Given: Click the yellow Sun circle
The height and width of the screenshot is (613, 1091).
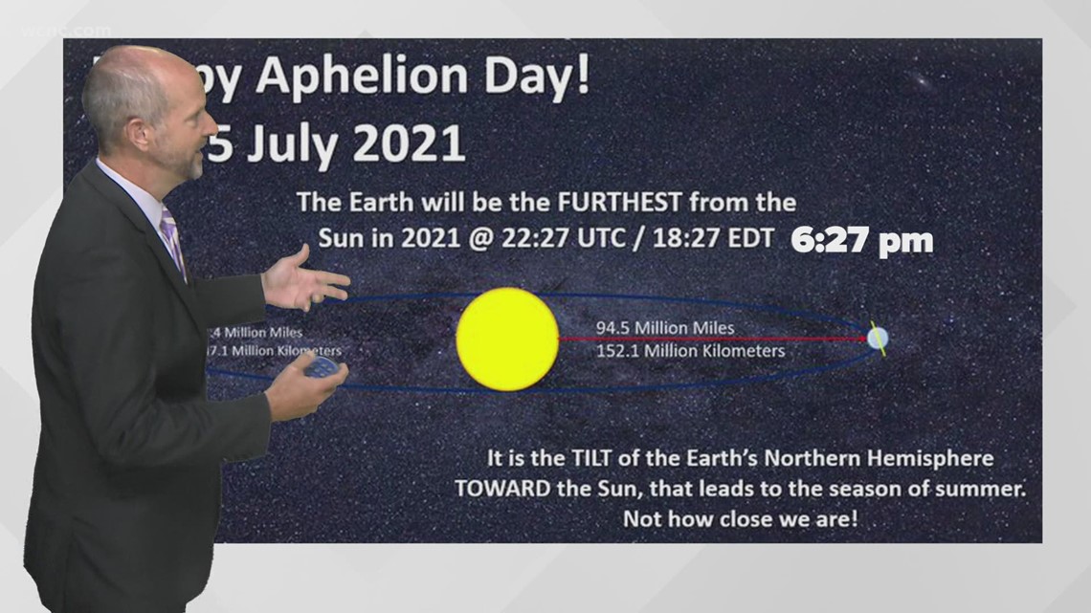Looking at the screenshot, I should [507, 339].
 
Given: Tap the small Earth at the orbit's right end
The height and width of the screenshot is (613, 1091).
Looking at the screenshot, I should [877, 338].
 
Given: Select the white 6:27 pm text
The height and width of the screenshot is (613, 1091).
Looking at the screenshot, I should [861, 241].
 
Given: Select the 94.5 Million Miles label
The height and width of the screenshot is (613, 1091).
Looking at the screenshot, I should [665, 328].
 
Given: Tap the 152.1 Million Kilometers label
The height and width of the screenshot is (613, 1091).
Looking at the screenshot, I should [690, 351].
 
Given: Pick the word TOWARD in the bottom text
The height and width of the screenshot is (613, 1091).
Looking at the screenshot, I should [502, 489].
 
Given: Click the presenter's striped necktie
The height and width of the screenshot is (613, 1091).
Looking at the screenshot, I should [171, 239].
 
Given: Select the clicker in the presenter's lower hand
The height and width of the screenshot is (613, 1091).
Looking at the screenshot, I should [323, 367].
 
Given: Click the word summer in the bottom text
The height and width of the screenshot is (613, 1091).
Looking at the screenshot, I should [986, 489].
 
